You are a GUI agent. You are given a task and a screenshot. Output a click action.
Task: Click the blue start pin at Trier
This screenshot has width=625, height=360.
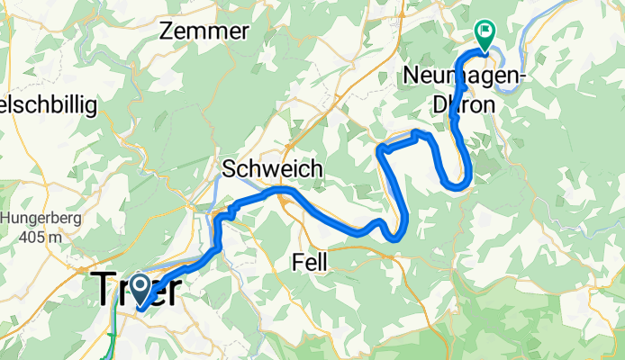click(140, 289)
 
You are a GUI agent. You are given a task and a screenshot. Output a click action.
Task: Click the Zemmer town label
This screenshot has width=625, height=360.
click(204, 31)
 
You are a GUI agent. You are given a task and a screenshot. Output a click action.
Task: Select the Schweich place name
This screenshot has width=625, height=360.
click(267, 169)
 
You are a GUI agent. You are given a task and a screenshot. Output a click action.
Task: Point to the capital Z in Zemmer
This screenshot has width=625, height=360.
click(167, 31)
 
